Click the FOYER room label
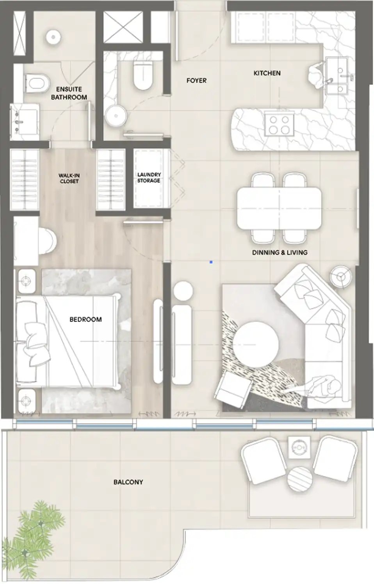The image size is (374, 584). [x=196, y=81]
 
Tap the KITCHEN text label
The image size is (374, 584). [x=267, y=73]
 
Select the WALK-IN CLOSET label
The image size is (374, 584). [x=69, y=178]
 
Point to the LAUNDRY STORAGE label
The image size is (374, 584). [x=149, y=177]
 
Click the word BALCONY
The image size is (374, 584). [x=128, y=482]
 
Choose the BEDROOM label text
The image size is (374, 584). [x=85, y=319]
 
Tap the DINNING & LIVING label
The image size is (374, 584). [x=280, y=253]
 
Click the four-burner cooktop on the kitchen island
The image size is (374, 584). [x=279, y=125]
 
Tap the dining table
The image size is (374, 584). [x=279, y=208]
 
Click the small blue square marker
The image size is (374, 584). [x=211, y=262]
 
